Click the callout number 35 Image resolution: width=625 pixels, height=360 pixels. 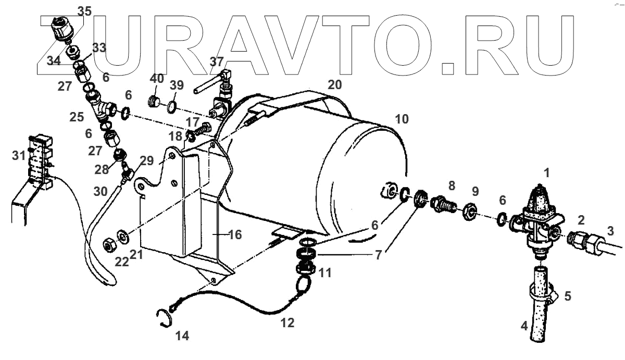click(84, 10)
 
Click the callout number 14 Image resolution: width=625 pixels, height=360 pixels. click(182, 336)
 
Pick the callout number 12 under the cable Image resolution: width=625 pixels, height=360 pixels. click(287, 323)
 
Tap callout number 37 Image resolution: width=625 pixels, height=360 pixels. click(217, 61)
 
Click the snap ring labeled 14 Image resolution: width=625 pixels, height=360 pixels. click(164, 317)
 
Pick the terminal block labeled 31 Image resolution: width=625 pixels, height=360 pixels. click(41, 162)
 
